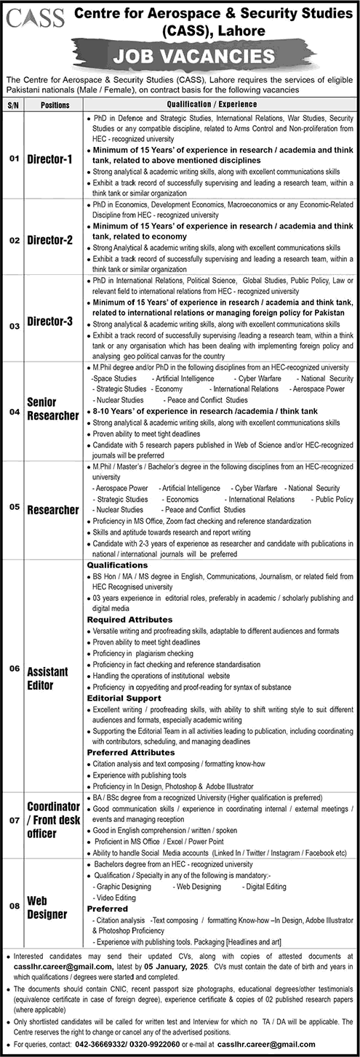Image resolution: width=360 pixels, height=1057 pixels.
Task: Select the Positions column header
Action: (55, 104)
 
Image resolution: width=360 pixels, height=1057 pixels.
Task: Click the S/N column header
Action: (12, 104)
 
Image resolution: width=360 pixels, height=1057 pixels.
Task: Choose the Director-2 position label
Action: (55, 239)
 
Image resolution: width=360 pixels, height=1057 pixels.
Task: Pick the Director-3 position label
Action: (55, 319)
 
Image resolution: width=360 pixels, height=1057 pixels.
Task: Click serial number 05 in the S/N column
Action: (12, 507)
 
